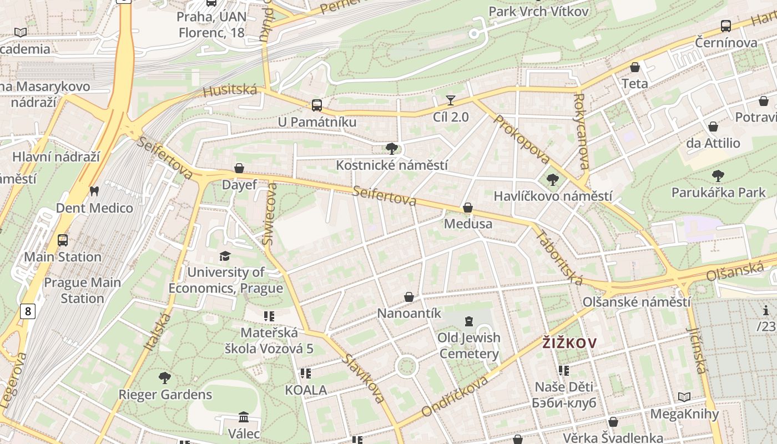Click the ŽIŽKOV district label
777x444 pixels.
pyautogui.click(x=569, y=343)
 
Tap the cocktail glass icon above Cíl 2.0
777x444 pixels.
pyautogui.click(x=451, y=100)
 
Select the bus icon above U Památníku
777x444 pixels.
pyautogui.click(x=317, y=105)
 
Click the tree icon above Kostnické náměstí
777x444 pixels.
pyautogui.click(x=392, y=148)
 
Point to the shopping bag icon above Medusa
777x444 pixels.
pyautogui.click(x=468, y=208)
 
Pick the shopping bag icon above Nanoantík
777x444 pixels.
pyautogui.click(x=409, y=297)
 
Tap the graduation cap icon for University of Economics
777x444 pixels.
pyautogui.click(x=225, y=256)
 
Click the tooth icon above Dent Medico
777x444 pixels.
pyautogui.click(x=94, y=191)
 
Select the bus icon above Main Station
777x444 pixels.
pyautogui.click(x=63, y=240)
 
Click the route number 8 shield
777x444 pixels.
pyautogui.click(x=27, y=311)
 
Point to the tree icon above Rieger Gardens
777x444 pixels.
pyautogui.click(x=165, y=378)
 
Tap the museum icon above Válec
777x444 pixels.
pyautogui.click(x=244, y=416)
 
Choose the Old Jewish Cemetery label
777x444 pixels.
pyautogui.click(x=469, y=345)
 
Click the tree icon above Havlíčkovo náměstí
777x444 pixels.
pyautogui.click(x=552, y=179)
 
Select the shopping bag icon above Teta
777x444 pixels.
pyautogui.click(x=635, y=67)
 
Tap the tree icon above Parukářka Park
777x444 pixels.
pyautogui.click(x=718, y=176)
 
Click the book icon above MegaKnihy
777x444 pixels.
pyautogui.click(x=684, y=397)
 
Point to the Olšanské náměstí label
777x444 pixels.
pyautogui.click(x=637, y=302)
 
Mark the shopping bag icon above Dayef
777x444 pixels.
pyautogui.click(x=239, y=168)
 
